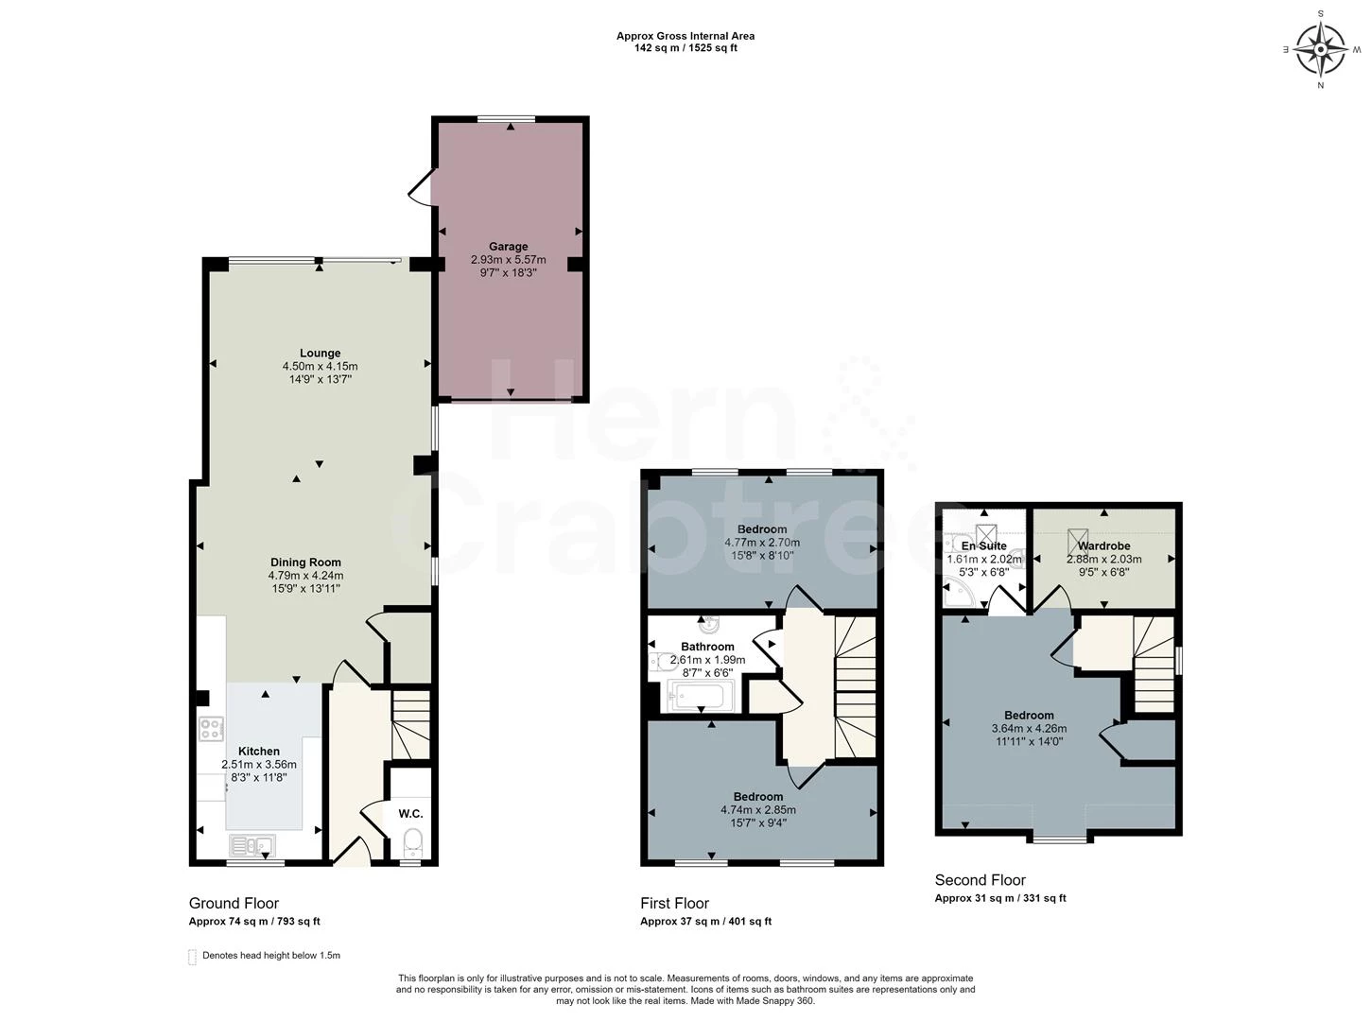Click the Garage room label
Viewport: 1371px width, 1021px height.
pyautogui.click(x=508, y=247)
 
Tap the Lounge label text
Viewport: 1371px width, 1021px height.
pyautogui.click(x=321, y=353)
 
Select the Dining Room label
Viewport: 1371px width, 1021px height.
pyautogui.click(x=305, y=562)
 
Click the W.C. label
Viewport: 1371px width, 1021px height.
pyautogui.click(x=410, y=814)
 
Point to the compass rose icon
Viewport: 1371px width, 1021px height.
pyautogui.click(x=1320, y=49)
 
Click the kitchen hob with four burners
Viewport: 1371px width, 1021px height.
pyautogui.click(x=210, y=727)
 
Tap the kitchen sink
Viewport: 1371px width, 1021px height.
pyautogui.click(x=252, y=845)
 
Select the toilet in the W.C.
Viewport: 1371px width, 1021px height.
pyautogui.click(x=412, y=842)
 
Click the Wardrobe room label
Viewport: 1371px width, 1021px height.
pyautogui.click(x=1104, y=545)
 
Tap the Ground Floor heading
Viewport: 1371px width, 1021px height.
pyautogui.click(x=234, y=903)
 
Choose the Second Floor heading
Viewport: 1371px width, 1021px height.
pyautogui.click(x=980, y=879)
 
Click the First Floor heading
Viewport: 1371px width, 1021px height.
pyautogui.click(x=674, y=903)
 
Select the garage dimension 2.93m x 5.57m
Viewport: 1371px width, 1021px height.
pyautogui.click(x=508, y=260)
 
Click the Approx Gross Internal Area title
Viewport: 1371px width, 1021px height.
pyautogui.click(x=685, y=36)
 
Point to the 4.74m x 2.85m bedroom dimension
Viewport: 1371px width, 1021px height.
pyautogui.click(x=757, y=809)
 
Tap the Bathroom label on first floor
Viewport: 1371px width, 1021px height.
pyautogui.click(x=708, y=647)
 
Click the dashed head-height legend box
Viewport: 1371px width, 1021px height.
pyautogui.click(x=192, y=957)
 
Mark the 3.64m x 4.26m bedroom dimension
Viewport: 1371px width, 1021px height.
pyautogui.click(x=1029, y=729)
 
